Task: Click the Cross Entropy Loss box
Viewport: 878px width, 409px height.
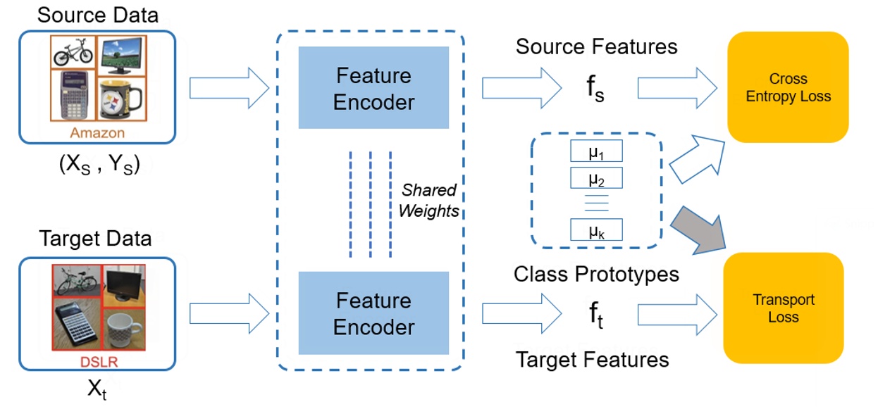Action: pyautogui.click(x=788, y=87)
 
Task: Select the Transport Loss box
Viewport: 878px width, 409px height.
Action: pyautogui.click(x=783, y=308)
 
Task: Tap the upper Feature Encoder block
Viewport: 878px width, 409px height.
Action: pyautogui.click(x=373, y=88)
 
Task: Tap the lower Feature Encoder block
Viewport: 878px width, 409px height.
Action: pyautogui.click(x=373, y=313)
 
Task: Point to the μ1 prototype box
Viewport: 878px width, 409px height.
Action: pyautogui.click(x=596, y=153)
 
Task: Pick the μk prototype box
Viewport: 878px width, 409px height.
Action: pyautogui.click(x=596, y=230)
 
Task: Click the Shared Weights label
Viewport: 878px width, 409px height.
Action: pyautogui.click(x=428, y=201)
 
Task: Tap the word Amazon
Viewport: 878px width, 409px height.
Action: pyautogui.click(x=97, y=133)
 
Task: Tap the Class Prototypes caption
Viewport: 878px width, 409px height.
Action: pyautogui.click(x=596, y=274)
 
